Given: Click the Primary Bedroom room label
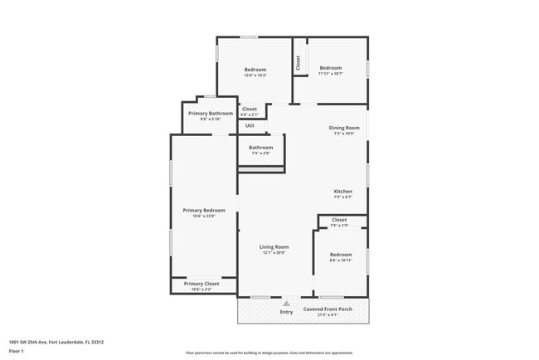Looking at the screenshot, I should pos(203,210).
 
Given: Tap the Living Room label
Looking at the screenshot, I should pos(274,246).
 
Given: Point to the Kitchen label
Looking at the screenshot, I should pos(343,191).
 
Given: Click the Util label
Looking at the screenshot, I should pos(250,125).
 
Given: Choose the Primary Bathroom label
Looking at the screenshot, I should pos(210,113).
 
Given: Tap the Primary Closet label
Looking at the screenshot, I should pos(202,284).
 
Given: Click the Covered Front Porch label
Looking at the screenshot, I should pos(328,309).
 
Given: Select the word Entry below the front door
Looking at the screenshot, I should pos(286,312).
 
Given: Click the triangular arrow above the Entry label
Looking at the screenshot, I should pos(286,304).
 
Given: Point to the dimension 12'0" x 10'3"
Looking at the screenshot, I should pos(255,75).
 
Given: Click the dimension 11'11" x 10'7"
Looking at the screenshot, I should pos(331,74).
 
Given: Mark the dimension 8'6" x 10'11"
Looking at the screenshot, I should pos(341,260).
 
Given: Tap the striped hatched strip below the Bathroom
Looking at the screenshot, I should pos(261,170).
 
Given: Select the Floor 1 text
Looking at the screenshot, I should pos(17,352).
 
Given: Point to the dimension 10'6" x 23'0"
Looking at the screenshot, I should pos(203,216).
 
